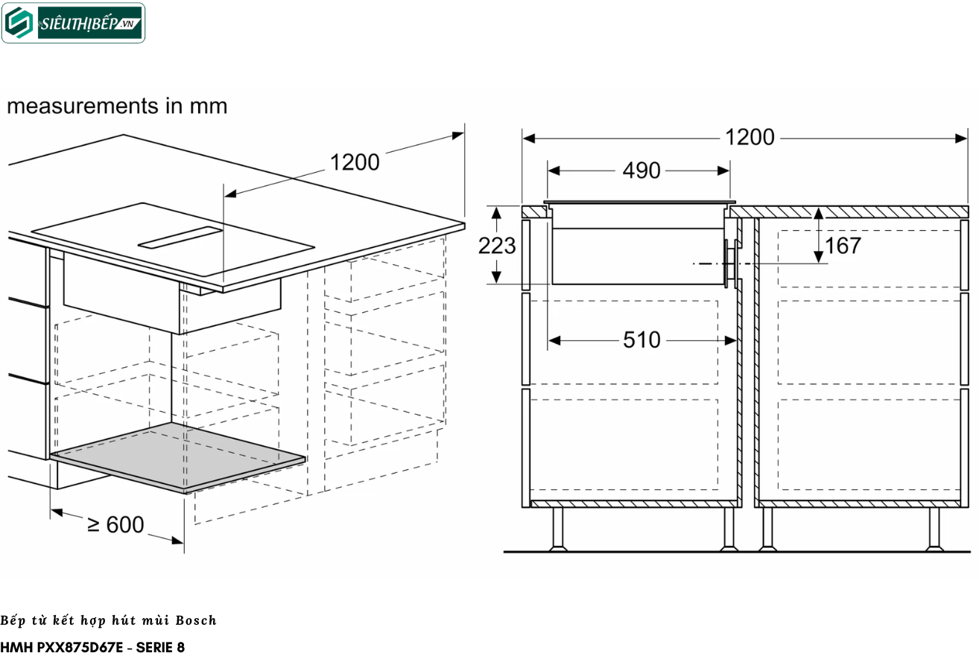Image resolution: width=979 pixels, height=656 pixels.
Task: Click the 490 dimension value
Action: click(x=641, y=171)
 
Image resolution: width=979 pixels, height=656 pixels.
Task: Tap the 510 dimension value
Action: click(x=641, y=340)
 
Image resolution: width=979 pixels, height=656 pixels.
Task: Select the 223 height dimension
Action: click(x=497, y=246)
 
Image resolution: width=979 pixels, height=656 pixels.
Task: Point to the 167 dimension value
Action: click(x=843, y=246)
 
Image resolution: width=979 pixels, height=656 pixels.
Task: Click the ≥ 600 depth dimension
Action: click(x=115, y=524)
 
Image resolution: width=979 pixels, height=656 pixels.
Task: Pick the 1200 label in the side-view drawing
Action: click(x=750, y=137)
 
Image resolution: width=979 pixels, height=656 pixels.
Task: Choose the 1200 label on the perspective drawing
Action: click(x=355, y=162)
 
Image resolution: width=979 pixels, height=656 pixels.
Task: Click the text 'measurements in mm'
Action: click(x=117, y=106)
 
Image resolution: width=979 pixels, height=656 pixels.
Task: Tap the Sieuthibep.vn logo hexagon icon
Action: click(x=19, y=23)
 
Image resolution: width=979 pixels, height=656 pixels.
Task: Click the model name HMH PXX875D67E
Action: click(x=62, y=647)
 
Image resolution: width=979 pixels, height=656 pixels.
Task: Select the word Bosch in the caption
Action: click(x=196, y=620)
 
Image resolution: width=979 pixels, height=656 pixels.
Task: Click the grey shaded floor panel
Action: click(x=177, y=456)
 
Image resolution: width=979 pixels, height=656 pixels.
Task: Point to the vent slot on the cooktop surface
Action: click(x=180, y=238)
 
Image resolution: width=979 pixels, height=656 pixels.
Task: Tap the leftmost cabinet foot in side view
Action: click(x=558, y=529)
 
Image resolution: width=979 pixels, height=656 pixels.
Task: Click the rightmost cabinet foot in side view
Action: click(x=934, y=529)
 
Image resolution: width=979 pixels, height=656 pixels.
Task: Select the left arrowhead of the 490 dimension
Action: click(x=554, y=171)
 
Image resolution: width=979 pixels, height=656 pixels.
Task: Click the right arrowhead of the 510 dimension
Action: click(x=730, y=340)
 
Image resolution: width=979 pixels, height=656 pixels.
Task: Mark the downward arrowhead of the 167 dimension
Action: click(x=818, y=257)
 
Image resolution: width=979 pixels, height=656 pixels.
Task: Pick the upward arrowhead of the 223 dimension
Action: click(x=496, y=213)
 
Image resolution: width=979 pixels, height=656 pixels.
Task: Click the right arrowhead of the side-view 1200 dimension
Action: click(x=961, y=138)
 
